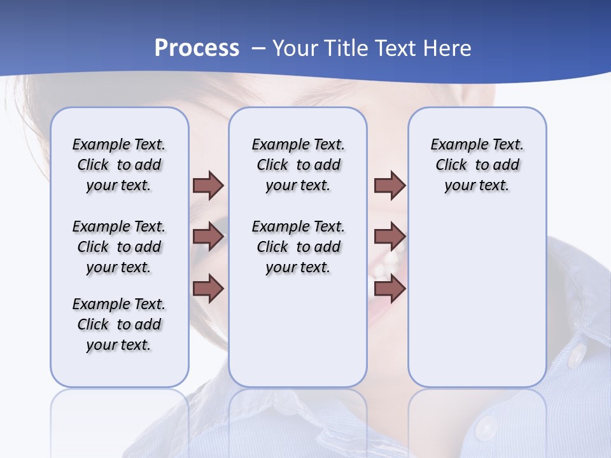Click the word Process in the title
coord(197,48)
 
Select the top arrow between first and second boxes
coord(208,185)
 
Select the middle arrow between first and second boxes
coord(208,237)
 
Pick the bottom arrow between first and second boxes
coord(208,288)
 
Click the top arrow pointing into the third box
coord(390,185)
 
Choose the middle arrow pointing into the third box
coord(390,237)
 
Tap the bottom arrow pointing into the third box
coord(390,288)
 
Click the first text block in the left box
coord(119,165)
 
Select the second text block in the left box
coord(119,247)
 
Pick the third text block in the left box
coord(119,324)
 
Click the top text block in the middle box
coord(298,165)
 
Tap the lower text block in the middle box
coord(298,247)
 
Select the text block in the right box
coord(477,165)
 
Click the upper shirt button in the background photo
coord(576,354)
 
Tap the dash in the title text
coord(258,48)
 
